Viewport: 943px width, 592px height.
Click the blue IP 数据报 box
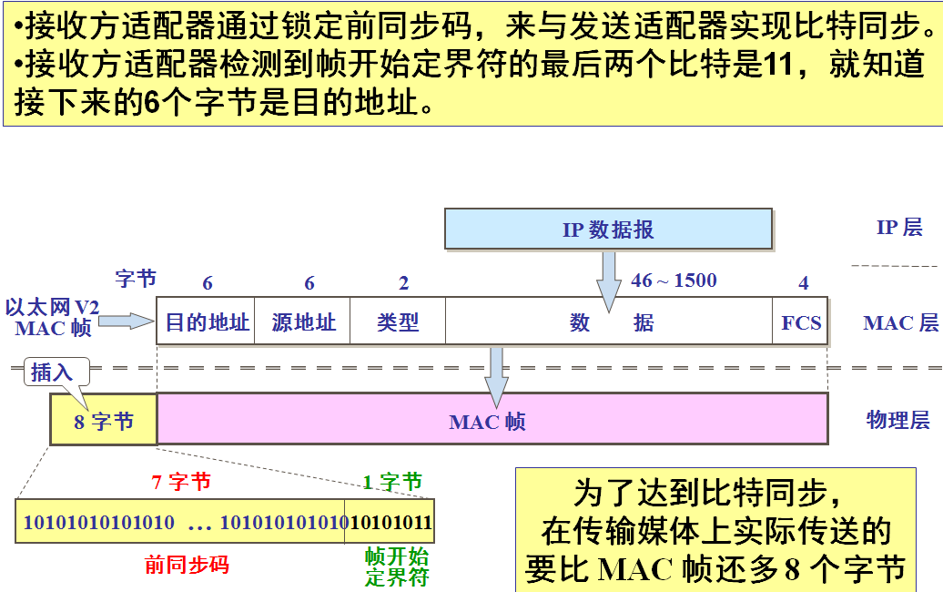click(x=608, y=230)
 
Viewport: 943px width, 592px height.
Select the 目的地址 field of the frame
click(x=207, y=322)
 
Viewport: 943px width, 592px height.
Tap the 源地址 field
click(x=304, y=322)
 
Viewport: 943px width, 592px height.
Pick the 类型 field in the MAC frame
click(x=398, y=322)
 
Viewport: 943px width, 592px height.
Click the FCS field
click(x=801, y=322)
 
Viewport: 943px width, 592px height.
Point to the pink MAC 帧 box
click(x=492, y=421)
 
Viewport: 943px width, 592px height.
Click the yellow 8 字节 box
click(x=104, y=421)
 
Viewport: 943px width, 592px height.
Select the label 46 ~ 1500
click(x=674, y=281)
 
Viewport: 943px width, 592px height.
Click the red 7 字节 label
click(x=181, y=482)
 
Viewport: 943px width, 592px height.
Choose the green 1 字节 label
click(x=392, y=482)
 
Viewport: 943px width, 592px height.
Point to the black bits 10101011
click(x=391, y=523)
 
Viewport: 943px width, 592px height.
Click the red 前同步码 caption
click(x=187, y=565)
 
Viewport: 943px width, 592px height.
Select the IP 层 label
click(x=899, y=228)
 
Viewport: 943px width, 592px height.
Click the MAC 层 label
click(x=900, y=322)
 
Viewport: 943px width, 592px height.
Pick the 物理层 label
click(x=897, y=420)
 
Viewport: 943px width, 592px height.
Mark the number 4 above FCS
click(x=803, y=283)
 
